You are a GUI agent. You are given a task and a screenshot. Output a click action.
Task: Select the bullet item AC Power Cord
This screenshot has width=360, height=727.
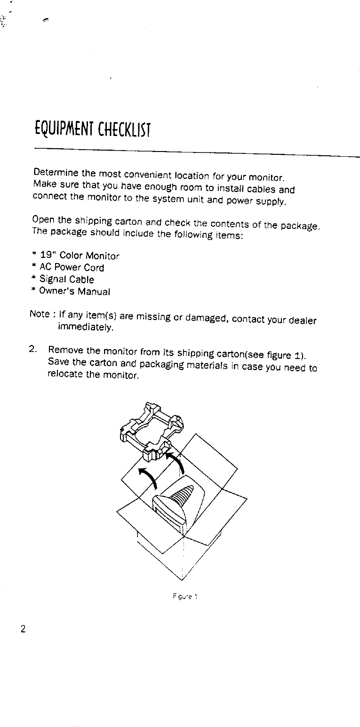[72, 268]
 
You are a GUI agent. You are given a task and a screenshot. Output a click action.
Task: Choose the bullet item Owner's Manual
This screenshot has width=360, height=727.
[74, 291]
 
